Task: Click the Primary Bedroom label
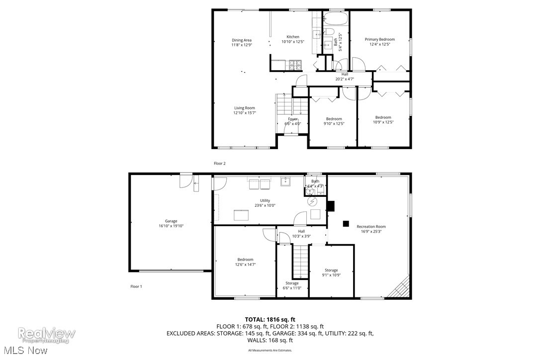click(x=379, y=39)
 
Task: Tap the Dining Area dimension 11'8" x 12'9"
click(x=242, y=45)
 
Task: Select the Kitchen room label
click(x=293, y=37)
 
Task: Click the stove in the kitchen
click(x=295, y=65)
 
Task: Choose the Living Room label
click(x=245, y=108)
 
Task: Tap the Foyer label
click(x=292, y=119)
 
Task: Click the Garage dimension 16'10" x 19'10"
click(x=171, y=226)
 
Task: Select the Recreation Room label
click(x=371, y=227)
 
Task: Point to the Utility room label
click(x=265, y=200)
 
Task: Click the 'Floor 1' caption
click(x=136, y=286)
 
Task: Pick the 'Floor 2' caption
click(x=219, y=163)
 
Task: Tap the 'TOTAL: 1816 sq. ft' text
click(x=270, y=319)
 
